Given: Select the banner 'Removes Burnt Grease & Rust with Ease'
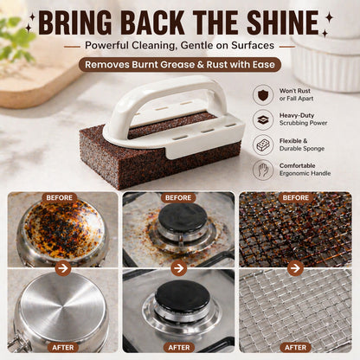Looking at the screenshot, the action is pyautogui.click(x=180, y=64).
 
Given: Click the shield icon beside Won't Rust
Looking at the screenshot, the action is pyautogui.click(x=263, y=94).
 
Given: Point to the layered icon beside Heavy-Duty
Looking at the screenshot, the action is pyautogui.click(x=263, y=119).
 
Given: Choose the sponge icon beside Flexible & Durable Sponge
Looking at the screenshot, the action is pyautogui.click(x=263, y=145).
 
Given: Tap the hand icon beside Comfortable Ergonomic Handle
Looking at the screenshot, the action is pyautogui.click(x=263, y=170).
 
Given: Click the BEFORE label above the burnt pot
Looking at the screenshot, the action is pyautogui.click(x=60, y=198).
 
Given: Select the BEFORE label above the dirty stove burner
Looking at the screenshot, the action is pyautogui.click(x=178, y=198).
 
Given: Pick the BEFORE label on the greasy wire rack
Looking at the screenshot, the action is pyautogui.click(x=296, y=198).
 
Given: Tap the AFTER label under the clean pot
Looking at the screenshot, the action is pyautogui.click(x=63, y=347).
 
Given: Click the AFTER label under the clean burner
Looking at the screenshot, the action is pyautogui.click(x=179, y=347).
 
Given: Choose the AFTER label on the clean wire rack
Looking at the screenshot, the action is pyautogui.click(x=295, y=347).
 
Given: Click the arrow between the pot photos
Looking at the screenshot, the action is pyautogui.click(x=63, y=268).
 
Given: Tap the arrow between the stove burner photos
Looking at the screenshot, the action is pyautogui.click(x=179, y=268).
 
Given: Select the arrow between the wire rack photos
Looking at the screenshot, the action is pyautogui.click(x=295, y=268).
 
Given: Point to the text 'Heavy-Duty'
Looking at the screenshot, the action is pyautogui.click(x=297, y=115).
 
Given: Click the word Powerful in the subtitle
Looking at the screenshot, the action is pyautogui.click(x=106, y=46).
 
